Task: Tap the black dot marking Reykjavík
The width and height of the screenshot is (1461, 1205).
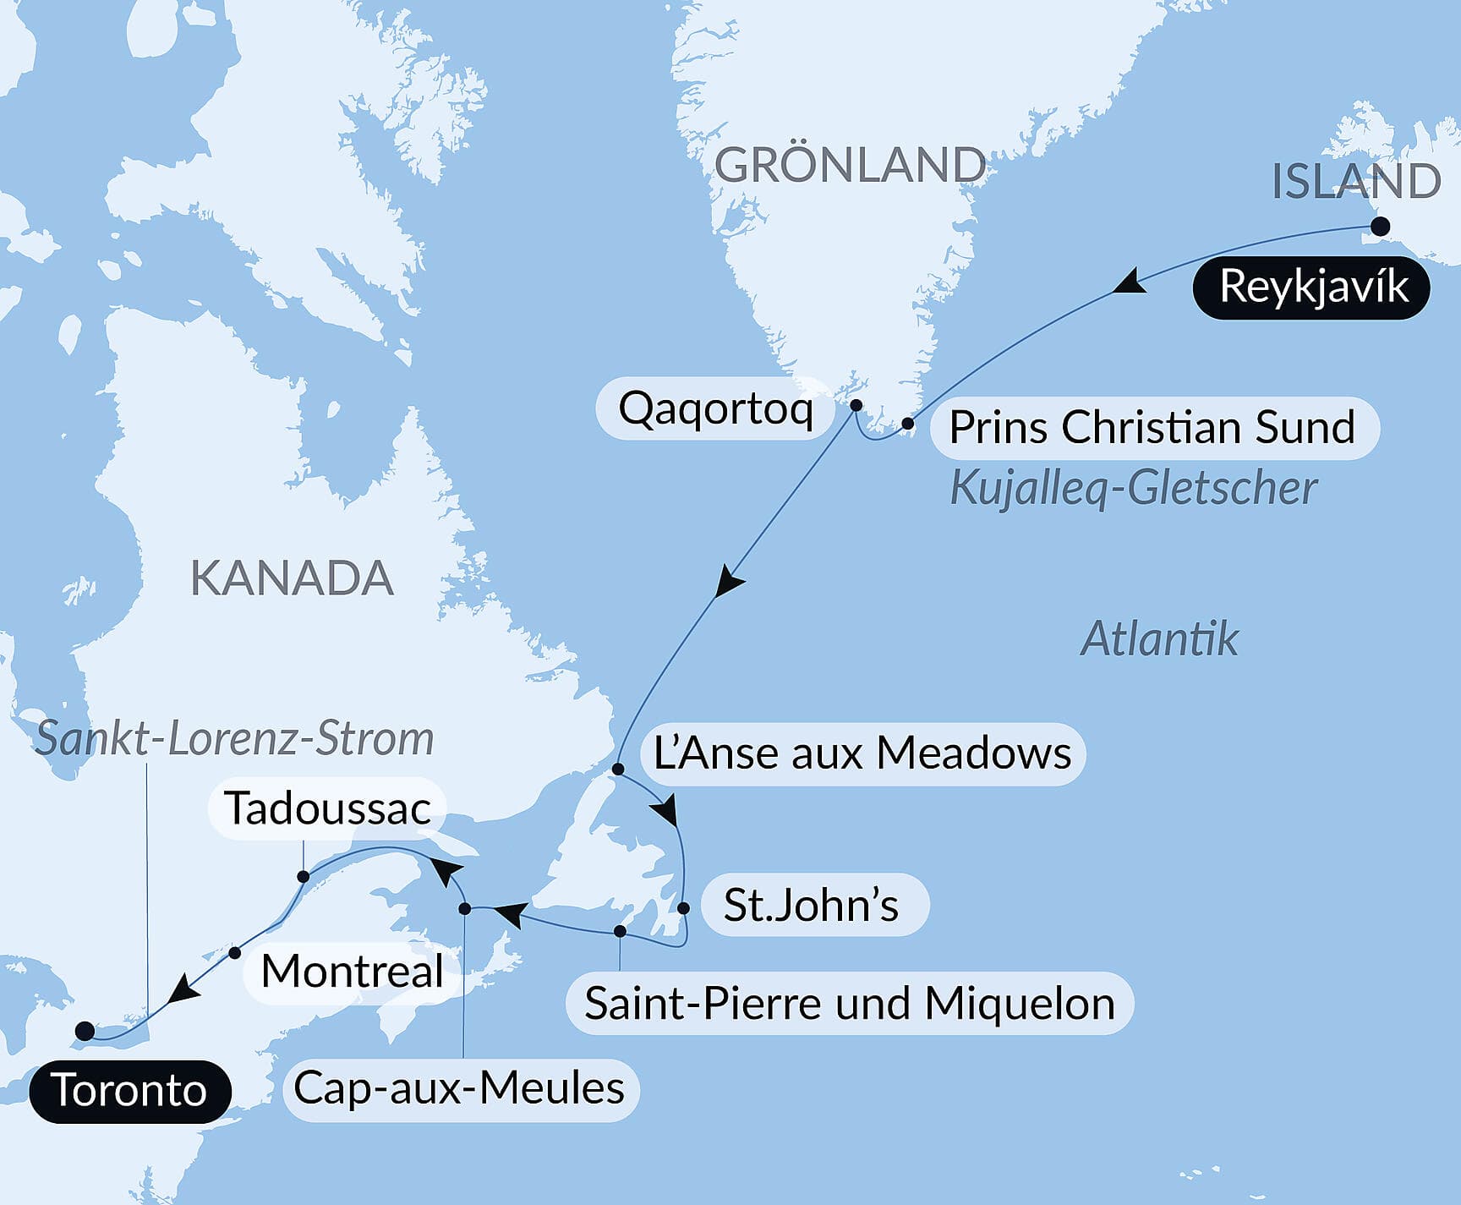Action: point(1380,226)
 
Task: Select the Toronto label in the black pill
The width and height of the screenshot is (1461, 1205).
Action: point(129,1091)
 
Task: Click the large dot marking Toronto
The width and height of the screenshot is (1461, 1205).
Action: point(85,1031)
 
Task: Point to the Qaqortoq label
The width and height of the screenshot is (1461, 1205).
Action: point(715,409)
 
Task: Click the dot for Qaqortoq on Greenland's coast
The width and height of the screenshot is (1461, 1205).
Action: point(856,405)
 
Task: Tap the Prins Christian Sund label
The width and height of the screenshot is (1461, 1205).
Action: point(1152,427)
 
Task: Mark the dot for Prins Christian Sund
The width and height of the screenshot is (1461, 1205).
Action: point(907,424)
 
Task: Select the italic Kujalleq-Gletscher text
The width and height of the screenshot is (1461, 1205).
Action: point(1133,488)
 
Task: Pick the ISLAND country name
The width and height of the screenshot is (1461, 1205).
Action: point(1356,180)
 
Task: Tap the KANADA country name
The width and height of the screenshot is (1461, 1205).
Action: point(292,578)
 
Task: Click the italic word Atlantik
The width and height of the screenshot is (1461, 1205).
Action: point(1159,638)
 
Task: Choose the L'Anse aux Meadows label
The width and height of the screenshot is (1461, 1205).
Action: point(862,753)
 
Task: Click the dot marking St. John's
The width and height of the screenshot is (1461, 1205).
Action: point(683,908)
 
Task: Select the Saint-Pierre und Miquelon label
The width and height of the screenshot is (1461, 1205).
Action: point(849,1004)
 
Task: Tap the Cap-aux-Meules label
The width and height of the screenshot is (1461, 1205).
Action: point(459,1088)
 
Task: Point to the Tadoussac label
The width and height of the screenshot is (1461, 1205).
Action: point(327,808)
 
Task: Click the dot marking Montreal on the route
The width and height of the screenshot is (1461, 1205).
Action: point(235,952)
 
